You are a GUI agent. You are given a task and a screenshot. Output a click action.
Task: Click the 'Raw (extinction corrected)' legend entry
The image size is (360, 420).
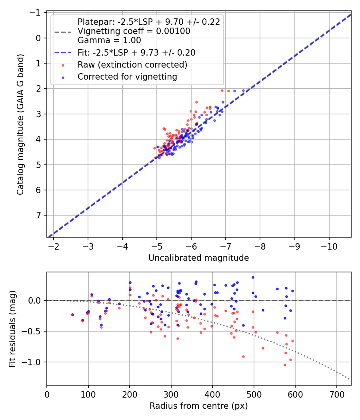132,64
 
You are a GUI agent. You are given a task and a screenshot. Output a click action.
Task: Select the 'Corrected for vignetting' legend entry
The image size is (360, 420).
127,76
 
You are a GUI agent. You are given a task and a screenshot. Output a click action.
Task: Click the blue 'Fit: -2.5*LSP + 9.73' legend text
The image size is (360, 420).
136,52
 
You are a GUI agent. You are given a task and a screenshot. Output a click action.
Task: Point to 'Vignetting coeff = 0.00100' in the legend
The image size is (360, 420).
134,31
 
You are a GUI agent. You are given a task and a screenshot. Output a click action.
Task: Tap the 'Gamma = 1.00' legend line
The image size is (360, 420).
109,40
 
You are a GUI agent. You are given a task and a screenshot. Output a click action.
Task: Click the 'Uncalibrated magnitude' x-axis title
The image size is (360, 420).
198,258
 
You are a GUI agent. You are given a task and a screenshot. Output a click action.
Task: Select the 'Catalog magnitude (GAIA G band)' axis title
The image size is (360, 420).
21,124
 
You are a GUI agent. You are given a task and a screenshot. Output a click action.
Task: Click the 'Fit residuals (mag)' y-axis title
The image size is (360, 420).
13,328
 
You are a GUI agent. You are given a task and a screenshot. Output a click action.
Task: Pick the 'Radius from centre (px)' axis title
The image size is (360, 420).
198,406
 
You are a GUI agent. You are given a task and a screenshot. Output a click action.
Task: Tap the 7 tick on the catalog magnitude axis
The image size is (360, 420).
39,216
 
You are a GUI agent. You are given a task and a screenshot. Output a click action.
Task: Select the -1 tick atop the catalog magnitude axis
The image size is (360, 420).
37,13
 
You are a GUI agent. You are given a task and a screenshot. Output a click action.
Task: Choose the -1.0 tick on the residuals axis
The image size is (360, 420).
35,362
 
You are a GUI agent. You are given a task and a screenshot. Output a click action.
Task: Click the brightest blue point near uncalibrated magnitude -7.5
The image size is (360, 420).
243,90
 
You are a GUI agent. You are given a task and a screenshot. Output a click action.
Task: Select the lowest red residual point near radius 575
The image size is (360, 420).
285,365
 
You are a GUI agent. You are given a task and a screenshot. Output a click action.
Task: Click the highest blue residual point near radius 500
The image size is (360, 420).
253,277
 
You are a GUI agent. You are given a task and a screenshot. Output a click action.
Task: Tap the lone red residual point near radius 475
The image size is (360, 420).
243,356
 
